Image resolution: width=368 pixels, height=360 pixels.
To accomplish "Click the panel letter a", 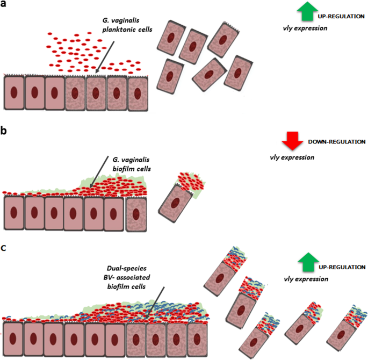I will (5, 6).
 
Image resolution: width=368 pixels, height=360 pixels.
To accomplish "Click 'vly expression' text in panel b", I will (292, 157).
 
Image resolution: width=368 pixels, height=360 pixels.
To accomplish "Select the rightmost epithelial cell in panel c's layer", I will (198, 339).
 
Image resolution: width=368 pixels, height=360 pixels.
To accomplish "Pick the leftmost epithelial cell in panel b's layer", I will (13, 213).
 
